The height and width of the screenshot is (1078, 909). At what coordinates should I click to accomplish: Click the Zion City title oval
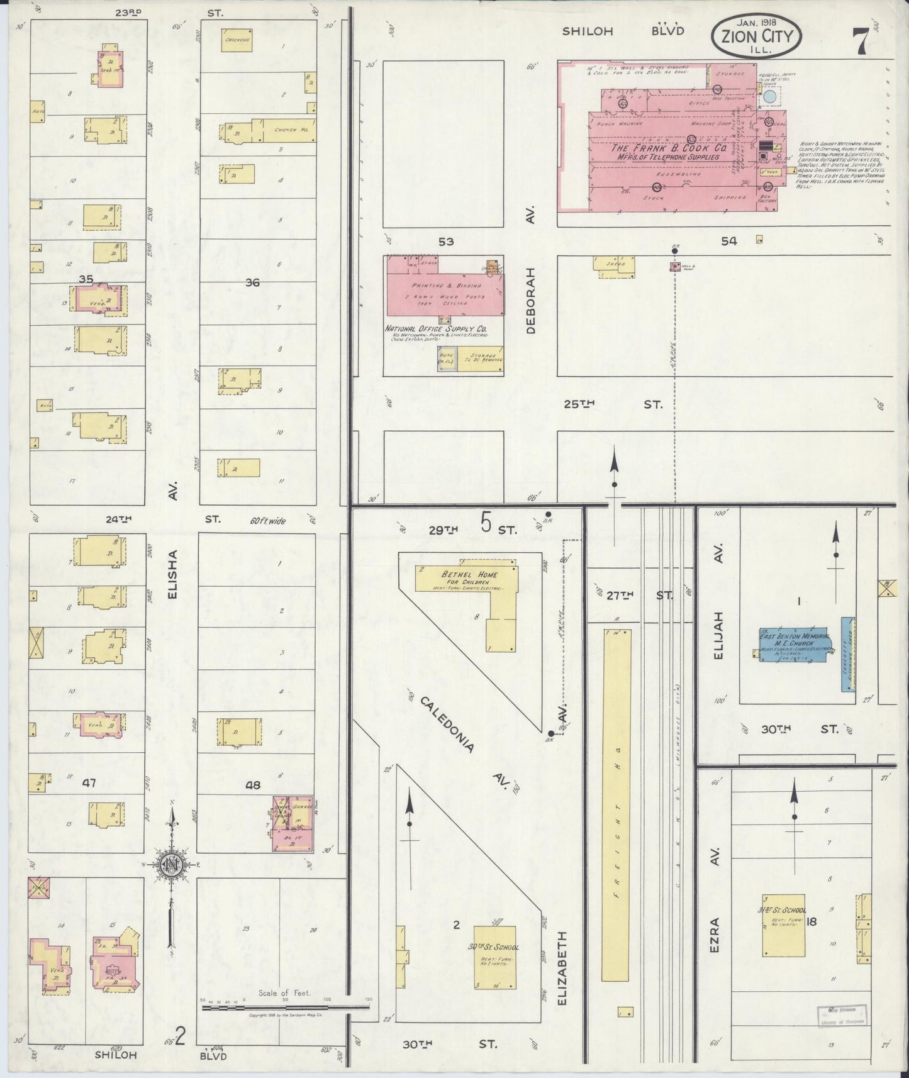756,36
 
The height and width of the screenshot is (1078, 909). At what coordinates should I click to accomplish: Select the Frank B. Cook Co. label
669,152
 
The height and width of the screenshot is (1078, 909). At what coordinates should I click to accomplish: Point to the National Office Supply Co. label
437,328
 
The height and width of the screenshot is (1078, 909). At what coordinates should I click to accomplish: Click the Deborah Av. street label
531,301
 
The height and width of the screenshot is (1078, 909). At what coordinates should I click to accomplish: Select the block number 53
446,242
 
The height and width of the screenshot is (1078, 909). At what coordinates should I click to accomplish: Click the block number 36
252,282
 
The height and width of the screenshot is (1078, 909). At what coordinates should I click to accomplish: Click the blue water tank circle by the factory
769,97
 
